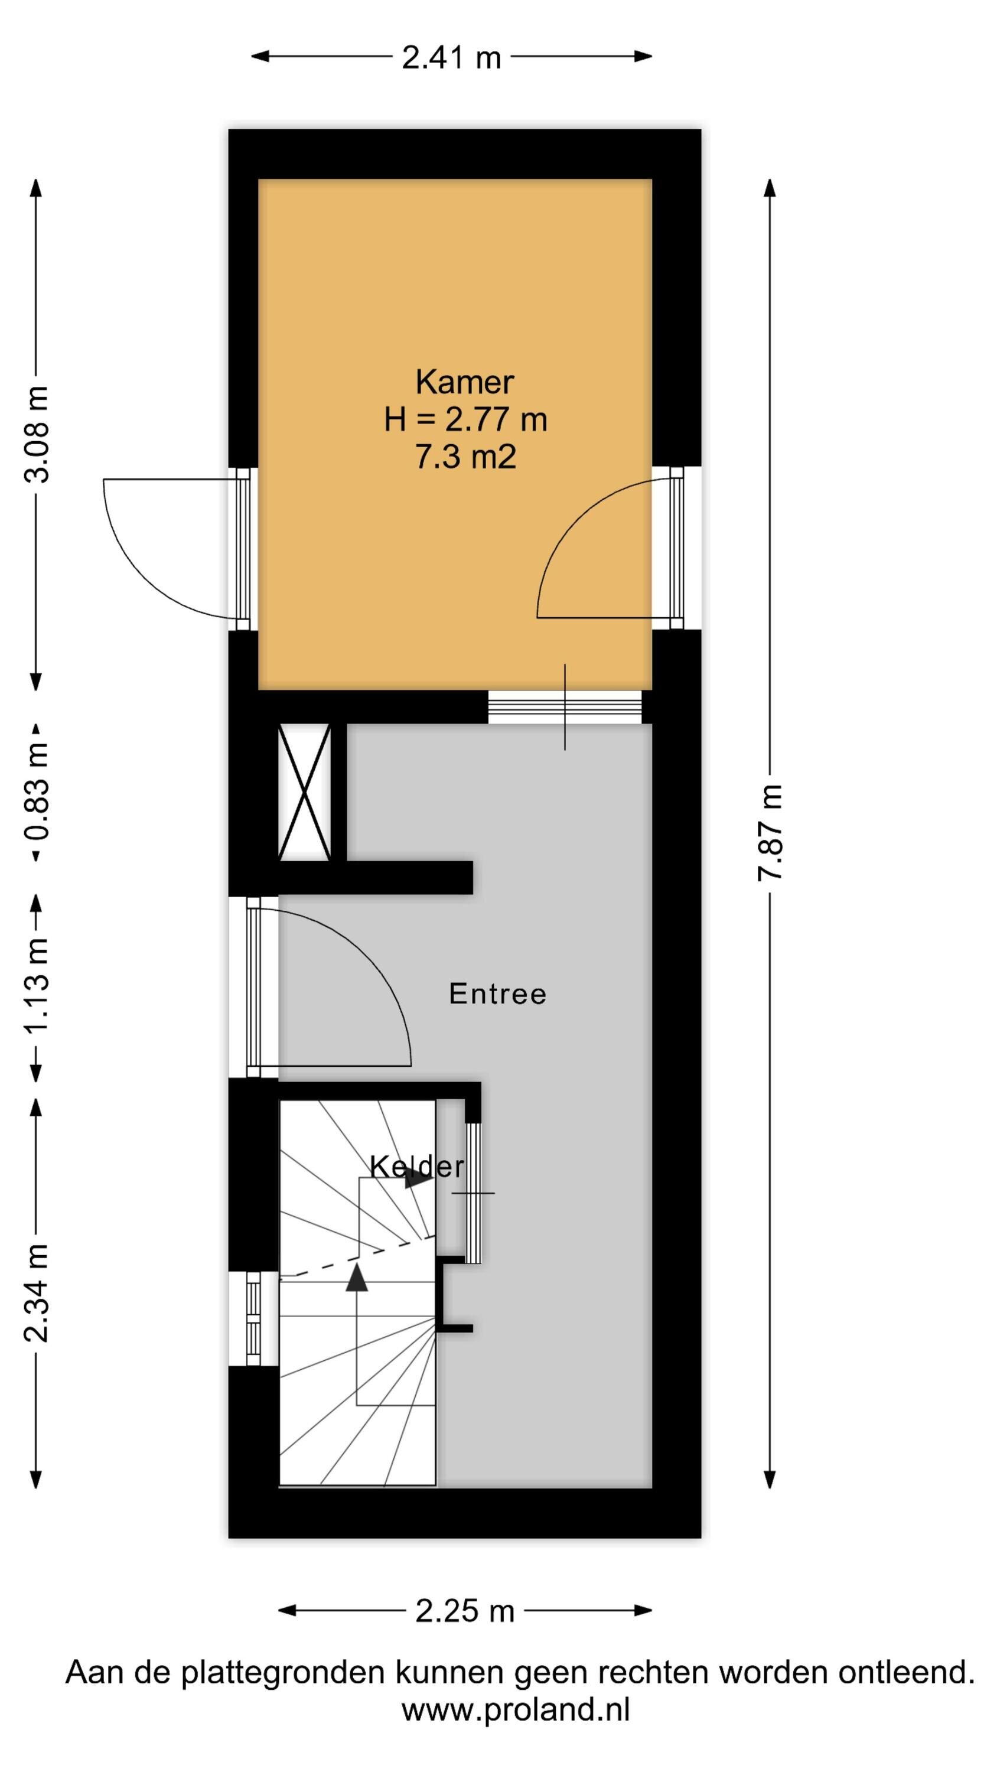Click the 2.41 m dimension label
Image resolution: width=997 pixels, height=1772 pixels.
tap(451, 57)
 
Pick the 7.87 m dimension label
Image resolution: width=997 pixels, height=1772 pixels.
tap(770, 832)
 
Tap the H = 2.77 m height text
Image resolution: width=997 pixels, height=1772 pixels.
tap(465, 419)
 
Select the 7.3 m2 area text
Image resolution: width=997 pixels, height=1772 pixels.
tap(465, 456)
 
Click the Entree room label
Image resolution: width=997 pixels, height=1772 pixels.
tap(497, 994)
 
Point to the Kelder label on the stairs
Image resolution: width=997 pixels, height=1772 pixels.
tap(417, 1166)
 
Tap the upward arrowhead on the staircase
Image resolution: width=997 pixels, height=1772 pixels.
tap(356, 1278)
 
